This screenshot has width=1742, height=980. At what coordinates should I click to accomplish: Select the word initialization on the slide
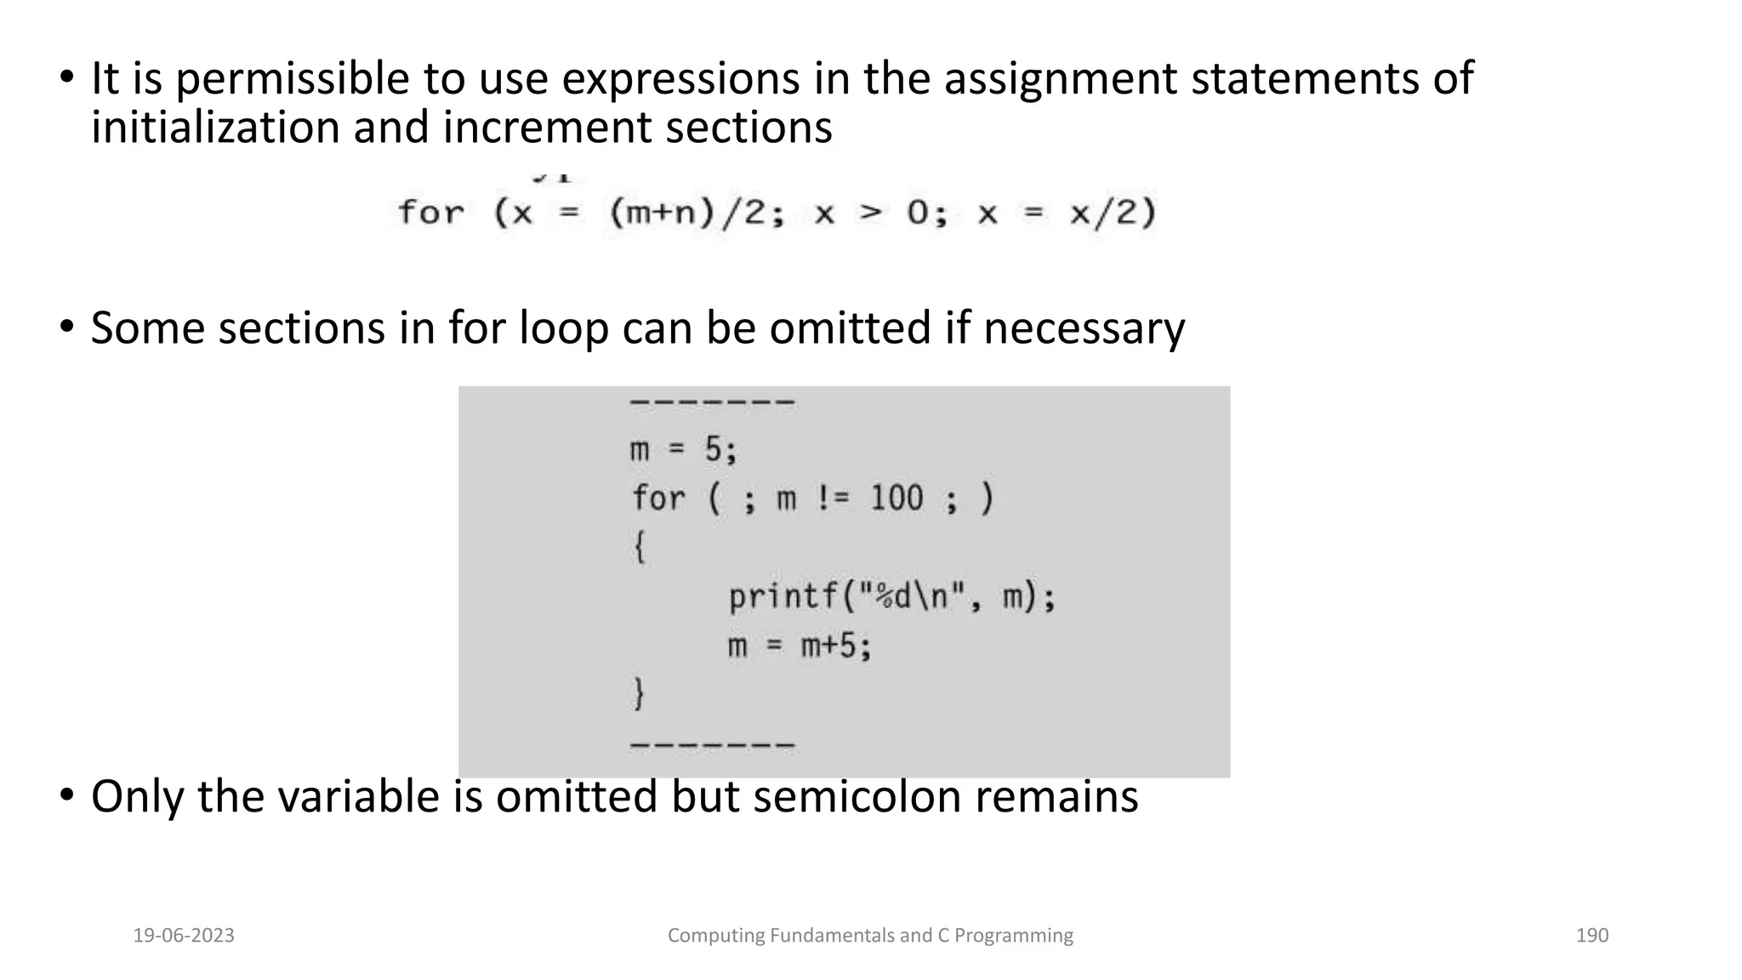[x=215, y=128]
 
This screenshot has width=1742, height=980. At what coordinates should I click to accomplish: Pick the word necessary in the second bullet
[x=1084, y=329]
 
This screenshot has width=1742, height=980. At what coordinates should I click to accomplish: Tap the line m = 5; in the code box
[x=683, y=449]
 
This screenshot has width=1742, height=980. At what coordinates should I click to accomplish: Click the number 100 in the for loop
[x=896, y=499]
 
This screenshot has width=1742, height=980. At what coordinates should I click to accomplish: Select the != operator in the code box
[x=832, y=499]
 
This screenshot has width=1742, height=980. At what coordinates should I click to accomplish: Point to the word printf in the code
[x=783, y=597]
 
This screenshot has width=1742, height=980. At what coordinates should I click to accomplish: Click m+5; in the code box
[x=836, y=647]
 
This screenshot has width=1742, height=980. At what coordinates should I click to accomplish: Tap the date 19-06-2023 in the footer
[x=184, y=936]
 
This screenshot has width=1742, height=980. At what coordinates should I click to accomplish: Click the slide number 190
[x=1591, y=936]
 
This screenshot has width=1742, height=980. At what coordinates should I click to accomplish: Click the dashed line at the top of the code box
[x=712, y=402]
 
